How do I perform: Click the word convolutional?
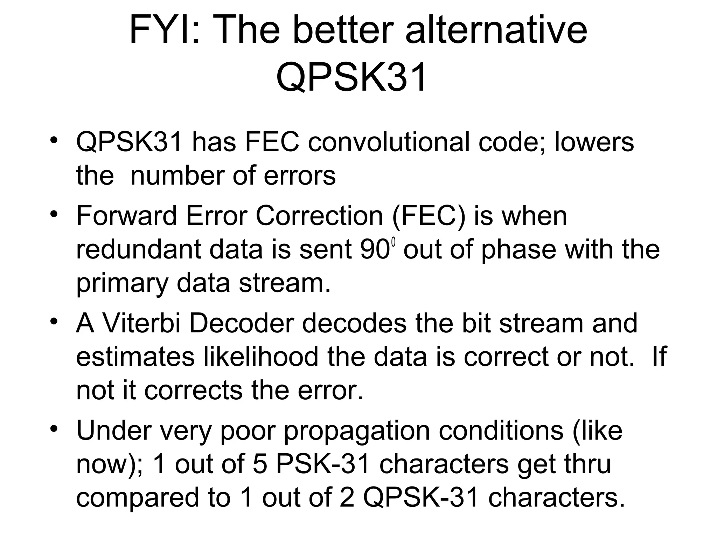(389, 142)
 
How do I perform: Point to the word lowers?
(594, 142)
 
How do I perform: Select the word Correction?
(319, 216)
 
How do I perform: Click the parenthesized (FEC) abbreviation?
(429, 216)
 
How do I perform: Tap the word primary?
(122, 284)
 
